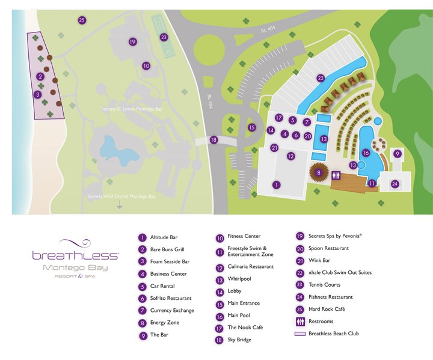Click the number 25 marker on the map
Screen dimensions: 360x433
(x=82, y=20)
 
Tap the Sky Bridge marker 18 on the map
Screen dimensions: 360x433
(x=213, y=140)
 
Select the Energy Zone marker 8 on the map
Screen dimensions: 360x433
(x=319, y=172)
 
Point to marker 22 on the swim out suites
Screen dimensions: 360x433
(x=321, y=78)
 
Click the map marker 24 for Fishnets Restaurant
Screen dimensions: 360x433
(x=395, y=184)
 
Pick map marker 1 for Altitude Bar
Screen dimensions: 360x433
(x=277, y=185)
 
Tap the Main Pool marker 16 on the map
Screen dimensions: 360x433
(x=366, y=153)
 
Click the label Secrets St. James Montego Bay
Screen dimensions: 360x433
(x=133, y=109)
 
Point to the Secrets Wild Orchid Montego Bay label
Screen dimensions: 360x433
(x=121, y=197)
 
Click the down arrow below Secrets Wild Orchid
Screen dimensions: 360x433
(x=120, y=206)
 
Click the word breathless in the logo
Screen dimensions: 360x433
(x=75, y=255)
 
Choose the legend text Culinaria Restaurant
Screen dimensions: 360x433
(x=250, y=266)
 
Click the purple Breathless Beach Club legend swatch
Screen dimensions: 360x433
(x=300, y=334)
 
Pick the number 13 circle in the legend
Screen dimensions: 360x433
(x=220, y=279)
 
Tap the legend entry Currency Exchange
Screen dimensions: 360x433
(x=172, y=311)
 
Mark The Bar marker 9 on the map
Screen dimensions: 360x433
(x=397, y=154)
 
